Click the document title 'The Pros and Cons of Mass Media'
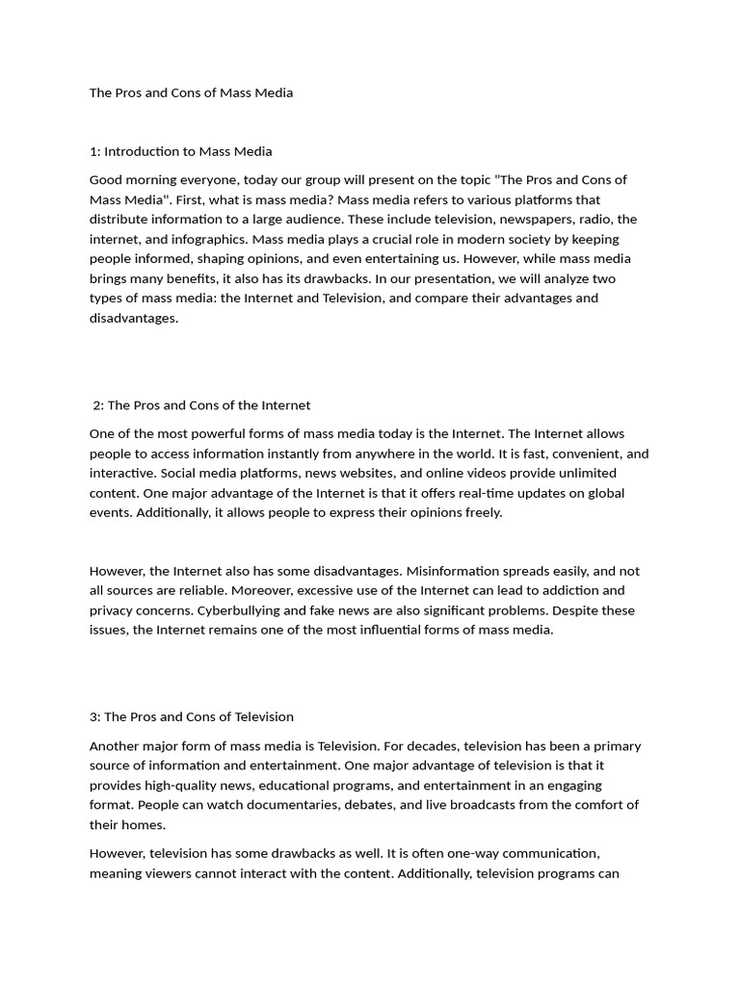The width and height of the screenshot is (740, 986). point(191,93)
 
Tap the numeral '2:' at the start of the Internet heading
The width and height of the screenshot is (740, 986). point(99,405)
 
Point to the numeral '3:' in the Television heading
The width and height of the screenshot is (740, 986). point(95,716)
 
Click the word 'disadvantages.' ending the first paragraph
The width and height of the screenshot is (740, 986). point(134,318)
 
